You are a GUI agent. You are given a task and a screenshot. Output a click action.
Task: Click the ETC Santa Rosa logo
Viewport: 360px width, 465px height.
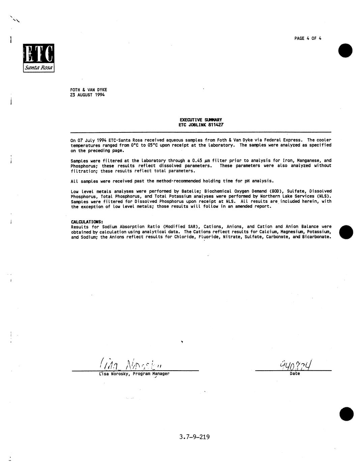coord(38,58)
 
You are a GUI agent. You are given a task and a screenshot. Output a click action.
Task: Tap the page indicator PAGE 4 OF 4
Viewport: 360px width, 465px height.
coord(307,38)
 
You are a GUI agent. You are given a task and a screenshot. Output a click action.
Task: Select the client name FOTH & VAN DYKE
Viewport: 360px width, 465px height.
coord(88,90)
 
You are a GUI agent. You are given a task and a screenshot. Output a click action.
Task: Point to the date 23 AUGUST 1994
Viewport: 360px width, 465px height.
coord(87,95)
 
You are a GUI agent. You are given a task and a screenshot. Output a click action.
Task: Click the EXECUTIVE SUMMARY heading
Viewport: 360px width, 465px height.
coord(201,120)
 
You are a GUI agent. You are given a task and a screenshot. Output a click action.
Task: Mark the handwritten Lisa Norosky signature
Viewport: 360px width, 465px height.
coord(132,364)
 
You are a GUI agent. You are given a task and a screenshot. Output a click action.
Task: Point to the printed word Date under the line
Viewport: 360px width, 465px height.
coord(295,374)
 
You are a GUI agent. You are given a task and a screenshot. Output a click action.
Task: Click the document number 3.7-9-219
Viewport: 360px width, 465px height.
coord(194,437)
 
